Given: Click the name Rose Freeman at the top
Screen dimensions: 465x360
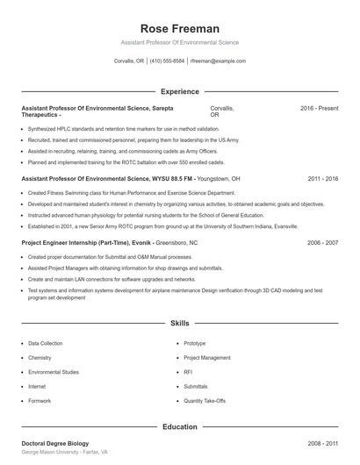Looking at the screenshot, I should pyautogui.click(x=179, y=28).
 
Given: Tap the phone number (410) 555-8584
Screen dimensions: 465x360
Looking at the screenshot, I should pyautogui.click(x=167, y=61).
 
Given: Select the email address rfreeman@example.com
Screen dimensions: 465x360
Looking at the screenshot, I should pyautogui.click(x=218, y=61).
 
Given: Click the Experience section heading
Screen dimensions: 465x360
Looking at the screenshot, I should pyautogui.click(x=179, y=91).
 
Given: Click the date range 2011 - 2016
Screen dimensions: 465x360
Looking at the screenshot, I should pyautogui.click(x=322, y=178).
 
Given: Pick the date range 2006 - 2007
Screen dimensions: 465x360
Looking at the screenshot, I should pyautogui.click(x=322, y=242).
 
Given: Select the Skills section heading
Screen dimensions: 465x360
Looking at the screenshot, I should pyautogui.click(x=179, y=324).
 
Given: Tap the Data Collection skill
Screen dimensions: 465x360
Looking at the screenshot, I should pyautogui.click(x=46, y=344).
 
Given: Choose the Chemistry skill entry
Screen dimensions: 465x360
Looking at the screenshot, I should pyautogui.click(x=40, y=358).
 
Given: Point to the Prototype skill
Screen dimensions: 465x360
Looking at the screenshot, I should pyautogui.click(x=195, y=344).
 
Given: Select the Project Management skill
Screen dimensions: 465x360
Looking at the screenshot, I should pyautogui.click(x=207, y=358).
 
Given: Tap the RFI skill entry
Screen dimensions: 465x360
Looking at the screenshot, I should pyautogui.click(x=188, y=372).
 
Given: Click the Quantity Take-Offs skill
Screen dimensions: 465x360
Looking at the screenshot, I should pyautogui.click(x=205, y=400).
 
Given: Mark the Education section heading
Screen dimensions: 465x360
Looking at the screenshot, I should pyautogui.click(x=179, y=427).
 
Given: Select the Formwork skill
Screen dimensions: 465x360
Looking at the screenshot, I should pyautogui.click(x=40, y=400).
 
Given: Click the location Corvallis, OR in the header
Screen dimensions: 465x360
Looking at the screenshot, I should pyautogui.click(x=129, y=61).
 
